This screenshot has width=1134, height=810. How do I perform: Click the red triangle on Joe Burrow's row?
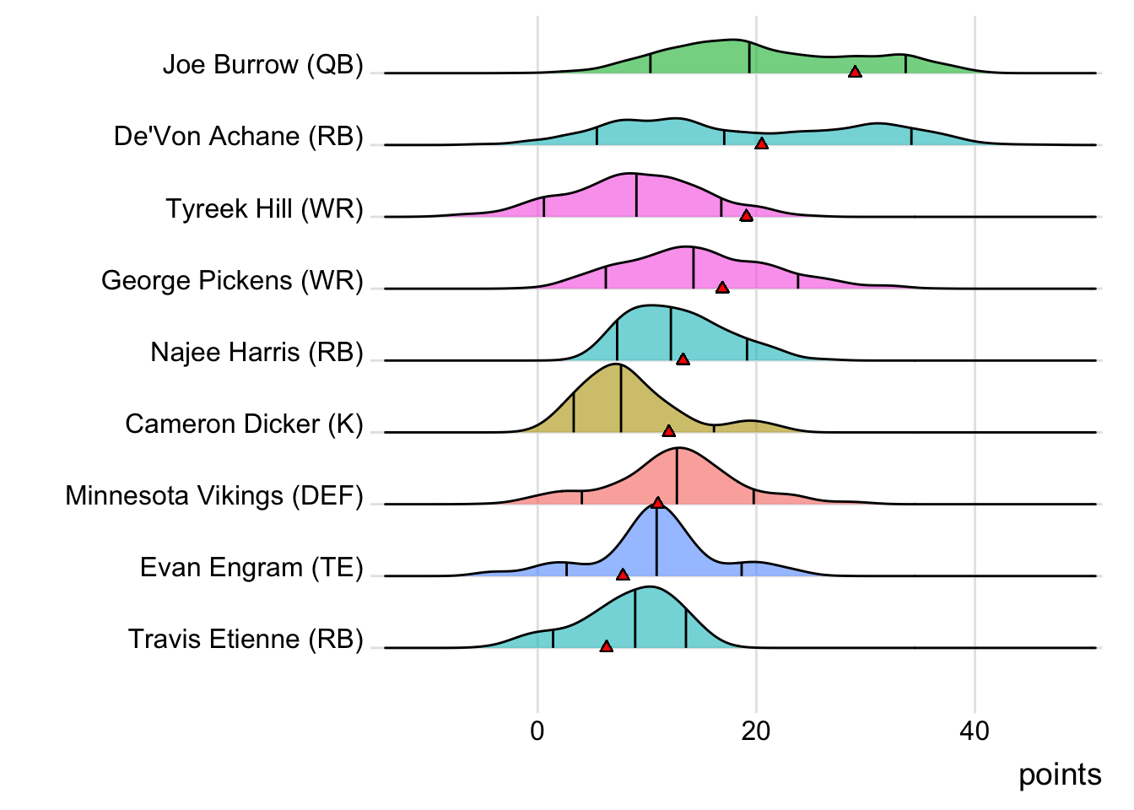point(855,72)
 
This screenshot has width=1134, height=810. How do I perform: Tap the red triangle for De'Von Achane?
point(761,143)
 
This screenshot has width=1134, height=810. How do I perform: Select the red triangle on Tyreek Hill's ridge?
point(746,215)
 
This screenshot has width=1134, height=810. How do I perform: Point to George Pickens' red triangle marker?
point(722,288)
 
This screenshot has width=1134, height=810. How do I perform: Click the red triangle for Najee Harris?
point(683,359)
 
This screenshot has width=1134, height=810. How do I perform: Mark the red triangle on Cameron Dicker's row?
point(668,431)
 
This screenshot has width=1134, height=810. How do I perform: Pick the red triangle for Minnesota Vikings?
point(658,503)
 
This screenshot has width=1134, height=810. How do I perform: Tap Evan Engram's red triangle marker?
point(623,575)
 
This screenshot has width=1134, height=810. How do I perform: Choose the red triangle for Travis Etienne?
point(606,646)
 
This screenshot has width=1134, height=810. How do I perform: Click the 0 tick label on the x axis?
point(537,731)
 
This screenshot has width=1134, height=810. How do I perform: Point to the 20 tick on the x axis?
point(756,731)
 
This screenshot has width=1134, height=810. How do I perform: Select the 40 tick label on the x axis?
point(975,731)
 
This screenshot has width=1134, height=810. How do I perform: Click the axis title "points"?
point(1060,775)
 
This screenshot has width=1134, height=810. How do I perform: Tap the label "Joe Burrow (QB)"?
point(262,65)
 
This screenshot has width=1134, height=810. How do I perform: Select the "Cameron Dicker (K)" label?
point(244,424)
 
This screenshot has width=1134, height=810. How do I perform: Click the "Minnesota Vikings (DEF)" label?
point(214,495)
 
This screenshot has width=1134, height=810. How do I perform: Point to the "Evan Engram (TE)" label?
point(251,567)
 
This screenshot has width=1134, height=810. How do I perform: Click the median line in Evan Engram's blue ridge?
point(656,540)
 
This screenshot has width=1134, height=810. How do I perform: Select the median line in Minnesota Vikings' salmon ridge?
point(677,477)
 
